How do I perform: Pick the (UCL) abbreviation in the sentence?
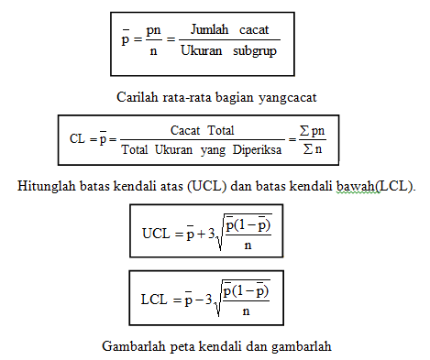(x=205, y=187)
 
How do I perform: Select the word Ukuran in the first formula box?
(x=202, y=54)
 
